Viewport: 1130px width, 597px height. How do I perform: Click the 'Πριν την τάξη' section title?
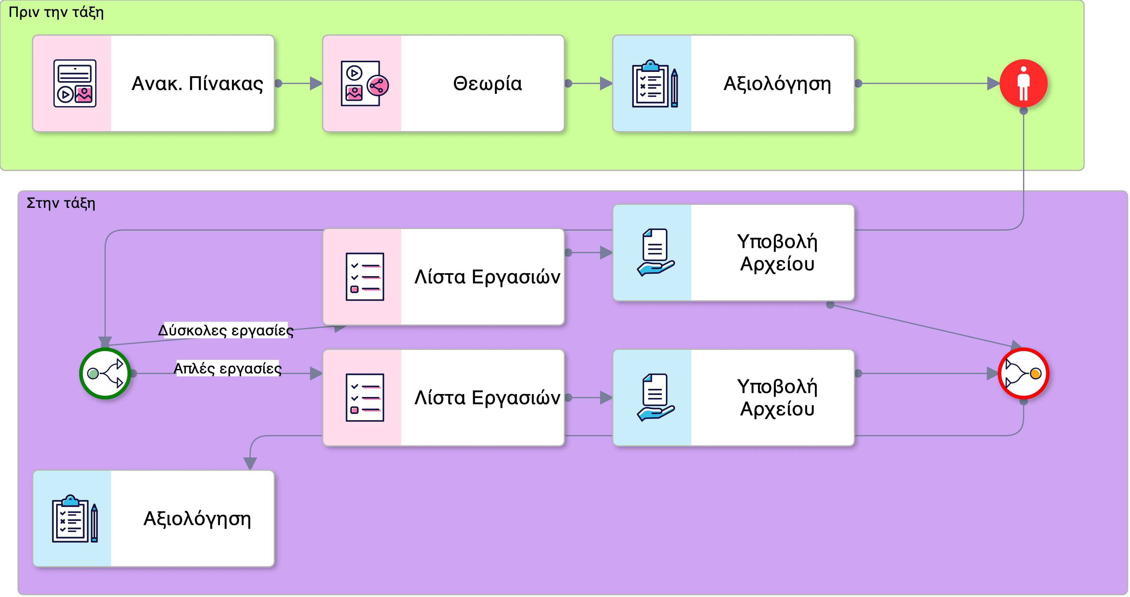coord(56,12)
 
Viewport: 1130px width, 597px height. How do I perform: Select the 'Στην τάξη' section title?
coord(61,203)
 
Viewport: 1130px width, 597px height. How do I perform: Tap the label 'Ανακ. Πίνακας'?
coord(197,83)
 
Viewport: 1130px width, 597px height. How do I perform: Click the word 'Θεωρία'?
coord(487,83)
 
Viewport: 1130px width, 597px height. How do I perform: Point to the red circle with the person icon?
coord(1023,83)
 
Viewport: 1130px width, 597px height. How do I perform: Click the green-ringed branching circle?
coord(105,373)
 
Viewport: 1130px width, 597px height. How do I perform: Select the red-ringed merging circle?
coord(1023,373)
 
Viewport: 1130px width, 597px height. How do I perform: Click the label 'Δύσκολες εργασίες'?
coord(225,330)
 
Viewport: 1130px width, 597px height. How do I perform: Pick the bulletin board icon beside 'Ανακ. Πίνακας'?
coord(75,83)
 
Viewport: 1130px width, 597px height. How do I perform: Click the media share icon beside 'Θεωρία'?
coord(364,83)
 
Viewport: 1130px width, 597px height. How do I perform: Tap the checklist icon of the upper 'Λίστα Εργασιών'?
coord(364,277)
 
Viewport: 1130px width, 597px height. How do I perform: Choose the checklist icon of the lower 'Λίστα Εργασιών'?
coord(364,397)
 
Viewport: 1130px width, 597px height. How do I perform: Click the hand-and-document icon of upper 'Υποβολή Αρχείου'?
coord(655,253)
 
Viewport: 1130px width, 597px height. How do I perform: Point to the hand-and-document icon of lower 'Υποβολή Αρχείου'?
coord(655,397)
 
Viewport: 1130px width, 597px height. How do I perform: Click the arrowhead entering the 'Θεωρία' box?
coord(316,83)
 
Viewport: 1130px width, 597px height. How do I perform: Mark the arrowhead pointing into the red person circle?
coord(993,83)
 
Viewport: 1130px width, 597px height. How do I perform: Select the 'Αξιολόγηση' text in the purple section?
coord(197,519)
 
